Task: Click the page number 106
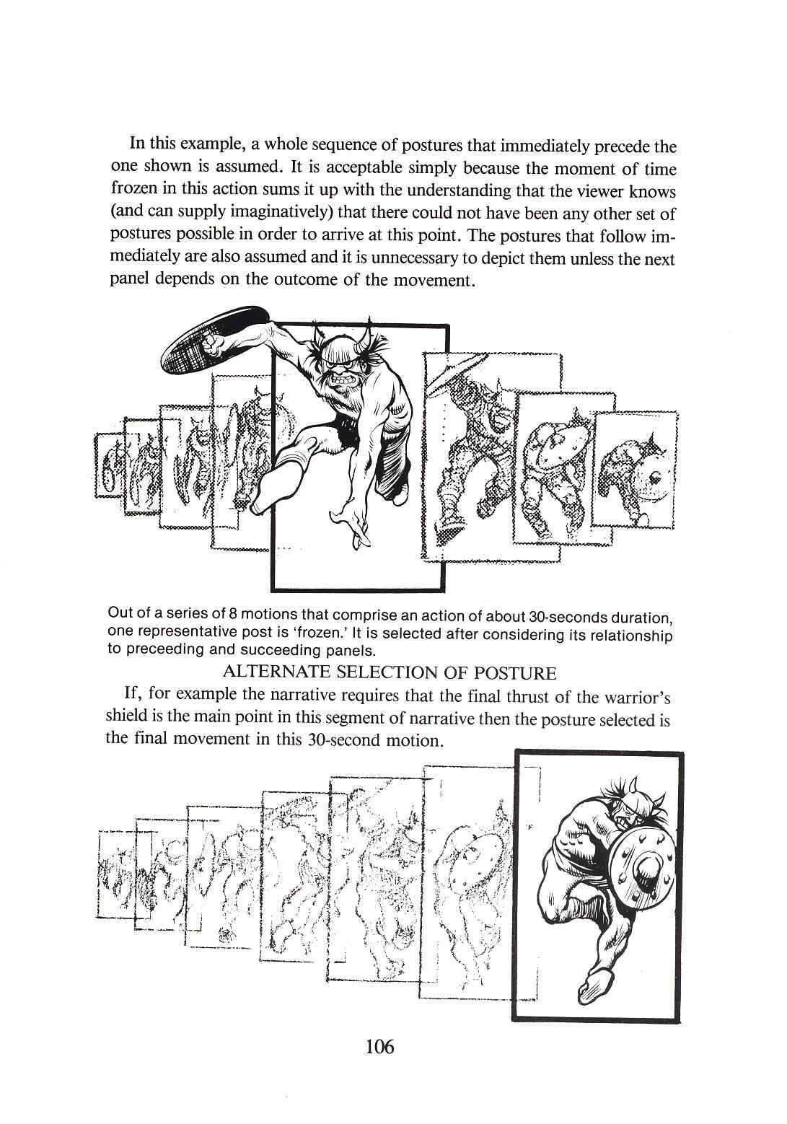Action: pos(380,1045)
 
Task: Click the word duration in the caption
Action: pos(641,618)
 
